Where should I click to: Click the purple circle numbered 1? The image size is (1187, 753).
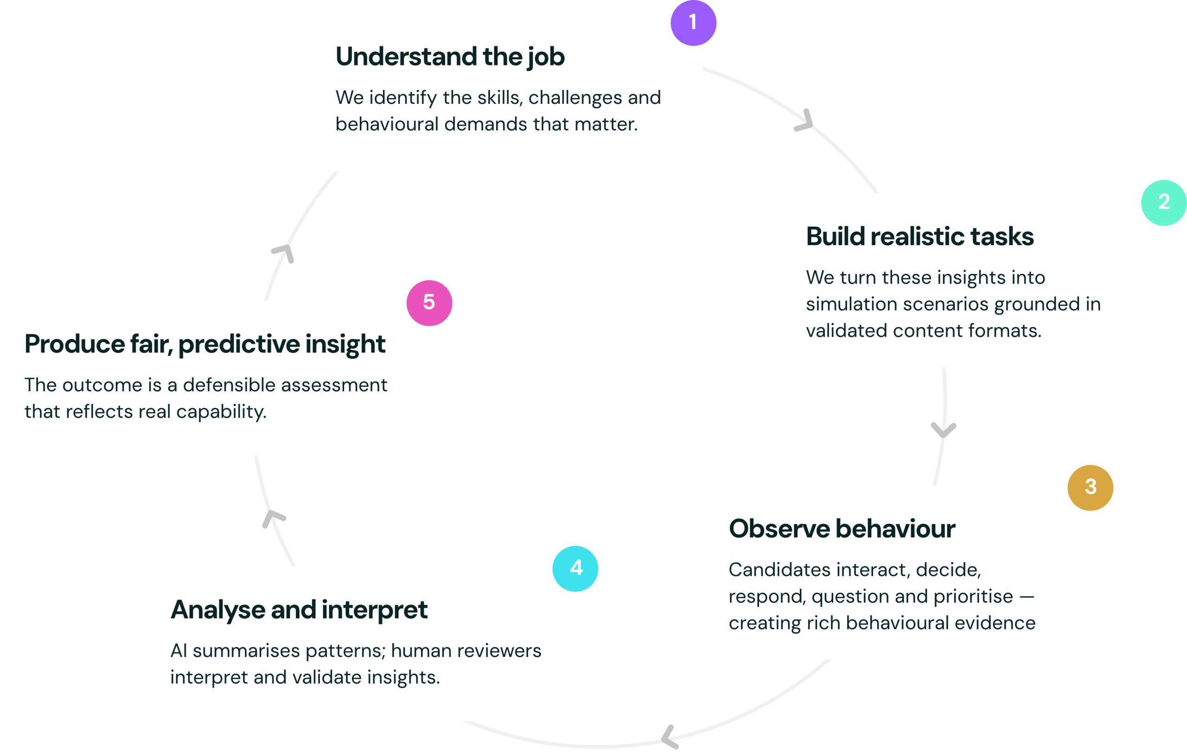693,23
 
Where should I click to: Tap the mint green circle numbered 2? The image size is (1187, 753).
1164,202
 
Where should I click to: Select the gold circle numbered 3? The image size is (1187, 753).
1090,487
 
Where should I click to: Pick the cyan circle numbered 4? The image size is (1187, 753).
575,568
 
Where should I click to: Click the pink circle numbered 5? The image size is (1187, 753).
429,303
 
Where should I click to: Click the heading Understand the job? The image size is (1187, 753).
450,56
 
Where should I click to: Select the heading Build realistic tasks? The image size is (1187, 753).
919,236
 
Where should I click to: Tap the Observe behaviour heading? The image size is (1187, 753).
842,528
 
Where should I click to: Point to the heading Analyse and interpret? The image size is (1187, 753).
299,610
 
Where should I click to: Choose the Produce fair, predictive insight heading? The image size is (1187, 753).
204,344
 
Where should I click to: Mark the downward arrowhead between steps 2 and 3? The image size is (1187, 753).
943,429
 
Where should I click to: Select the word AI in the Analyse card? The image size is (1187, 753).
179,651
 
